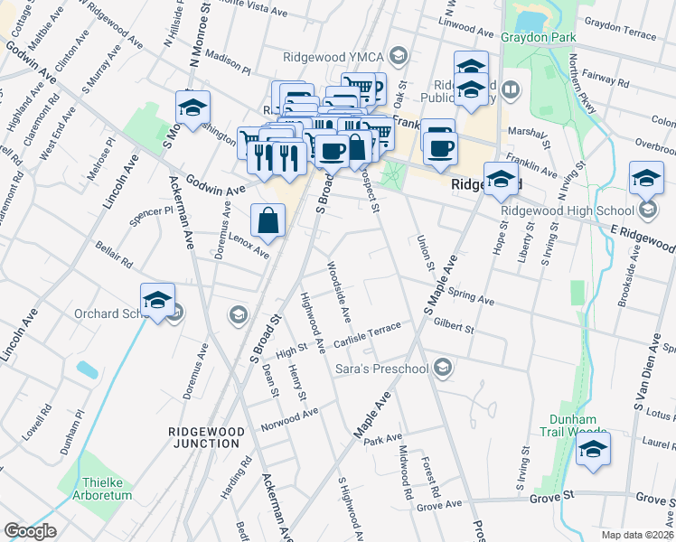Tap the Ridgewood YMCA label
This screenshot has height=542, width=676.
tap(334, 54)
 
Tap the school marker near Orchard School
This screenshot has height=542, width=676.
tap(157, 301)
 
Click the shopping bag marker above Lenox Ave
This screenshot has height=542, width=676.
tap(268, 220)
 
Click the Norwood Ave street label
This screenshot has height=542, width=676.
tap(290, 419)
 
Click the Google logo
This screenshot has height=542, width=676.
tap(30, 531)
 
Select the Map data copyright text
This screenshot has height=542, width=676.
tap(638, 535)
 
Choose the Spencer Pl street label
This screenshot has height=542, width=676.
tap(151, 214)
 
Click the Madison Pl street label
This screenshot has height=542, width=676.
tap(227, 61)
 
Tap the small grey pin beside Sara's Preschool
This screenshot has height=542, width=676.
tap(443, 367)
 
